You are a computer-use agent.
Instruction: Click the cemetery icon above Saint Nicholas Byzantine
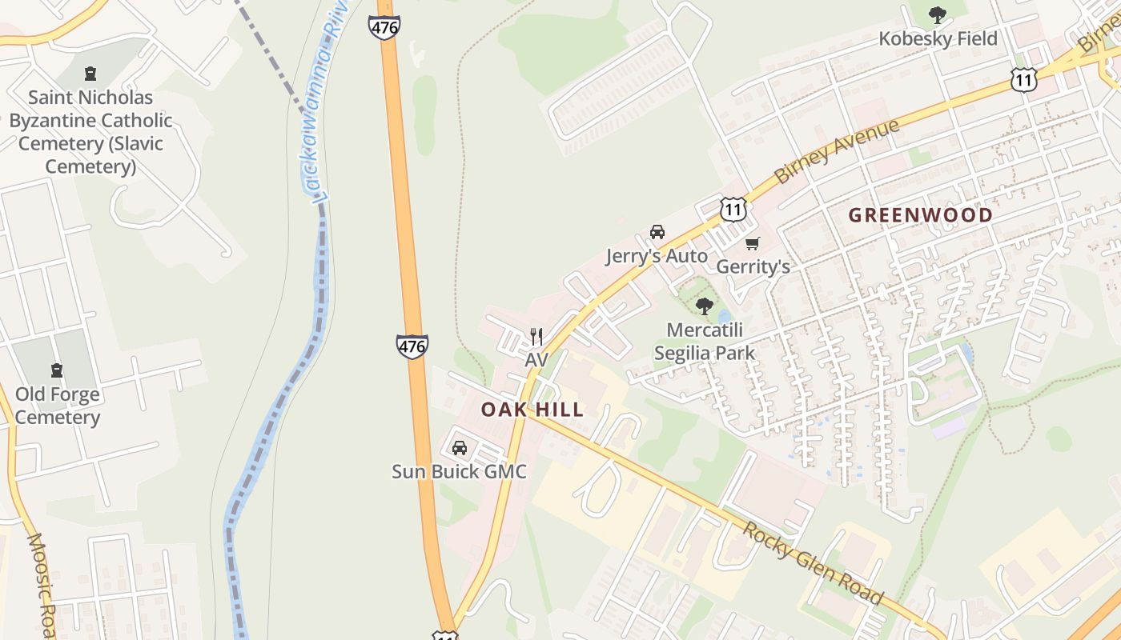90,74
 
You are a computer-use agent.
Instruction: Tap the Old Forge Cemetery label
58,406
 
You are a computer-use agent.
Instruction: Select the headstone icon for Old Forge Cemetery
57,370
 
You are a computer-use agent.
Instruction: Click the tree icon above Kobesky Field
937,15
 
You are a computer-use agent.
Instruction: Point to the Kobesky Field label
938,38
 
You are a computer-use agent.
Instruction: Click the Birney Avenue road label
836,151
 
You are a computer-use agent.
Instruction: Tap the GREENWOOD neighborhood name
920,215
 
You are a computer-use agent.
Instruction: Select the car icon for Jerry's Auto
657,232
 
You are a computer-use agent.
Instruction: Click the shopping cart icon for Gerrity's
752,243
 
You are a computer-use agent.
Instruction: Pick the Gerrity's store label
753,266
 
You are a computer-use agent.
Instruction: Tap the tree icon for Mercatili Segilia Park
705,306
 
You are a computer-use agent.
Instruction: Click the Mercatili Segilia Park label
705,341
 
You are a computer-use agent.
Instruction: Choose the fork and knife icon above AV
536,337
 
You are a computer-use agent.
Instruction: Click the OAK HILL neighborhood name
532,410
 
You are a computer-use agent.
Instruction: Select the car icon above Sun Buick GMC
459,448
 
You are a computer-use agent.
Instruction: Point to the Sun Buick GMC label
459,471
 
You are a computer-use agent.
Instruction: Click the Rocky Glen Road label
813,564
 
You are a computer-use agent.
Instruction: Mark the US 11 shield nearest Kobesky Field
1023,78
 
